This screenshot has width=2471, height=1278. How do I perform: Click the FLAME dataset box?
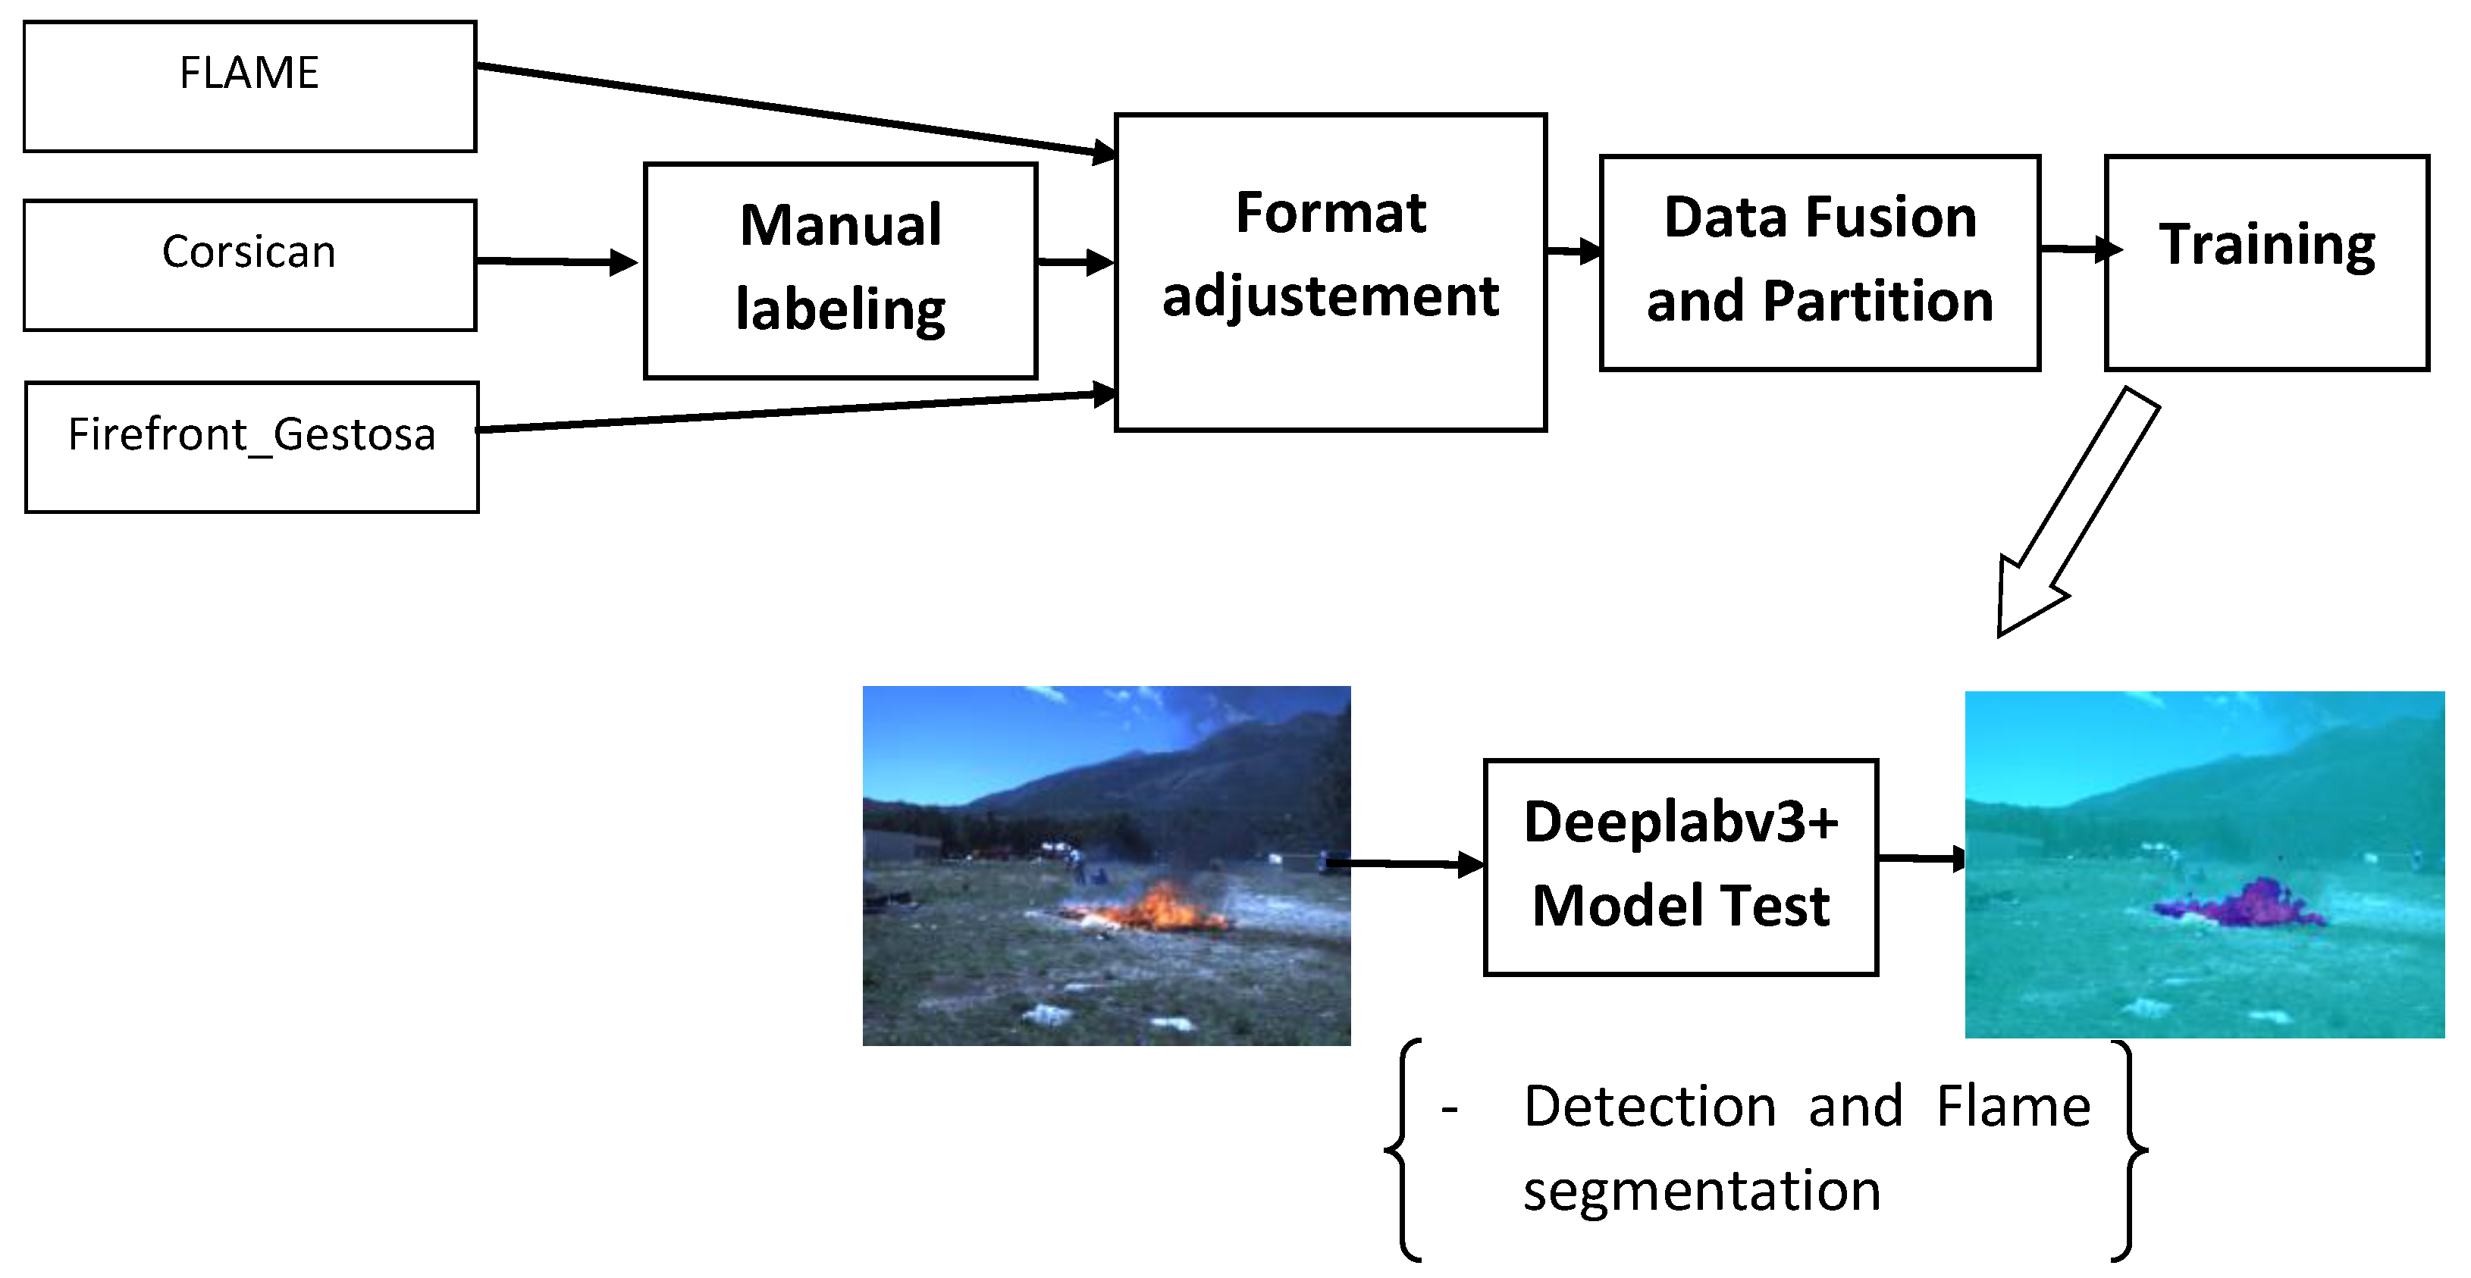(249, 86)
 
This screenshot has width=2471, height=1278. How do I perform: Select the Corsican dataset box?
(249, 265)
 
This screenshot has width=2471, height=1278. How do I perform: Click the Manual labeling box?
(840, 271)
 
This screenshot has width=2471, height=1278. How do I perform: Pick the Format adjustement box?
(1329, 272)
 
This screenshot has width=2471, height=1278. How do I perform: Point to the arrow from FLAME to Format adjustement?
(796, 108)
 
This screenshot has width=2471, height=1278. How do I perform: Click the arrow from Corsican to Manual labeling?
(557, 261)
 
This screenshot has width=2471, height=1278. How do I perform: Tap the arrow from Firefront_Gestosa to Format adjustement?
(796, 412)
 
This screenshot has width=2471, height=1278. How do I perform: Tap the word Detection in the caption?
(1649, 1107)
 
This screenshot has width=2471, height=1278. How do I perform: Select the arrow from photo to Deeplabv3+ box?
(1405, 864)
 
